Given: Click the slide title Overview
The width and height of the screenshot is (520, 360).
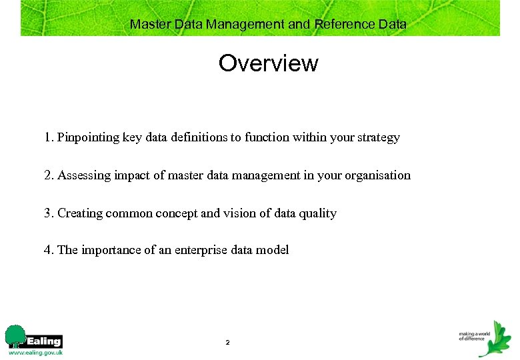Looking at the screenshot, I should point(268,63).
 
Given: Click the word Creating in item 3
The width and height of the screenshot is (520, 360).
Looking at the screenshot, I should point(79,213).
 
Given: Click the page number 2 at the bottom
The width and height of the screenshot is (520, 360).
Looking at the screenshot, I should point(227,343).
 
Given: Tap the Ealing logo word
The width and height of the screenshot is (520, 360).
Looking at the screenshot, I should point(45,341).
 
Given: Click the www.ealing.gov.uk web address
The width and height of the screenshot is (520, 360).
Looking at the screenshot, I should point(35,353).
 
